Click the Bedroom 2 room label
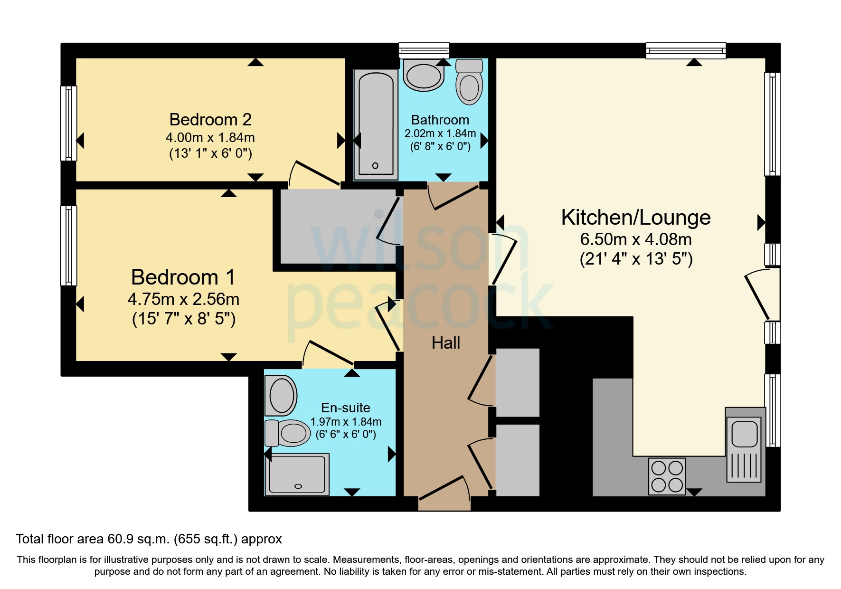[x=210, y=119]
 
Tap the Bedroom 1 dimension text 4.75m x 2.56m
[x=183, y=299]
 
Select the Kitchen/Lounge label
[x=635, y=218]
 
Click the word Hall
[x=445, y=343]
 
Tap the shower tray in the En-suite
[x=297, y=475]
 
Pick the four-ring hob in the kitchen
[x=667, y=476]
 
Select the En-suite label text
[x=345, y=408]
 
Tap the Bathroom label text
[x=440, y=120]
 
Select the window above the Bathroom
[x=424, y=50]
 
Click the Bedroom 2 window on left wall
[x=69, y=123]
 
